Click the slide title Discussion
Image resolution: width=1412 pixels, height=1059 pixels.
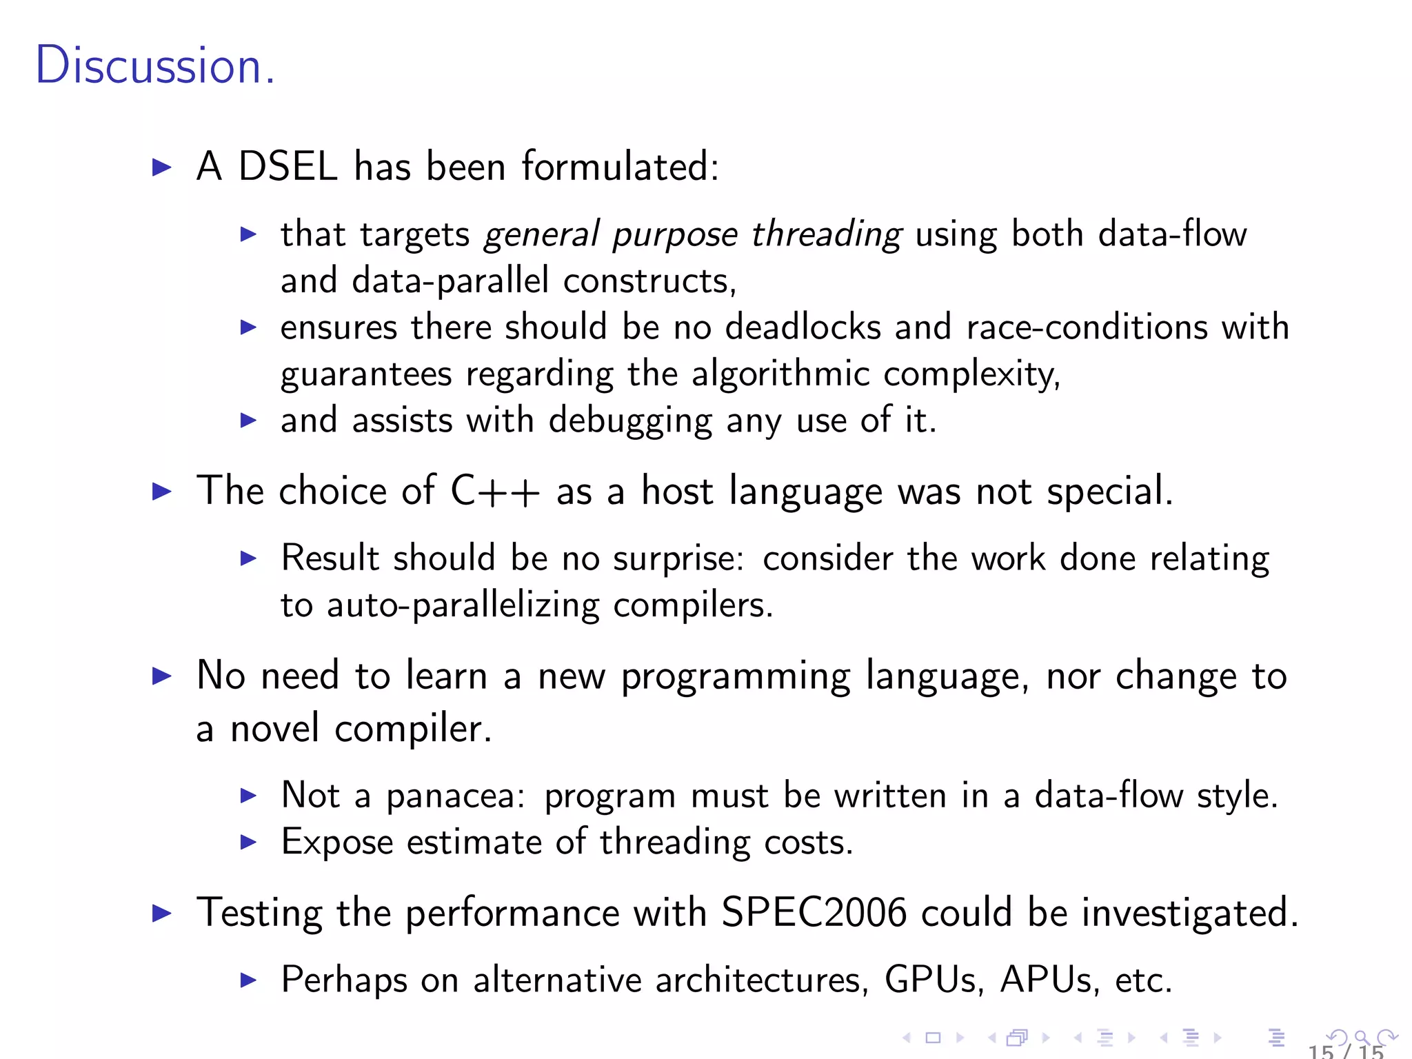coord(155,65)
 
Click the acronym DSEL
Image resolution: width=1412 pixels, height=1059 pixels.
coord(288,167)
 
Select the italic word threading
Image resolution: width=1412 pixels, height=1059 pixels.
coord(827,234)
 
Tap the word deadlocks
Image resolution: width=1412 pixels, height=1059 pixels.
coord(803,327)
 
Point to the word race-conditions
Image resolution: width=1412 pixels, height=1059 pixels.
coord(1087,327)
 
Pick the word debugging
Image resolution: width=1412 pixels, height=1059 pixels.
coord(630,421)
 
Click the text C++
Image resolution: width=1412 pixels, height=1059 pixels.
coord(494,492)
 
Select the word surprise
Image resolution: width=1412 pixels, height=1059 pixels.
coord(678,558)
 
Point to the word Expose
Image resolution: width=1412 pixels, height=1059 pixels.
coord(337,843)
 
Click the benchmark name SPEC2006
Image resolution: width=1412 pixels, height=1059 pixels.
coord(814,913)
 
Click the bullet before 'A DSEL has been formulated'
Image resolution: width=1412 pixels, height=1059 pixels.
coord(161,167)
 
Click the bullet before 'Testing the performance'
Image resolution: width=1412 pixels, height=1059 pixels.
coord(161,914)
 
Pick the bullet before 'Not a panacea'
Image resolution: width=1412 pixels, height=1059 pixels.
coord(248,796)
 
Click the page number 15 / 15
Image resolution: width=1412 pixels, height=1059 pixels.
coord(1346,1051)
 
